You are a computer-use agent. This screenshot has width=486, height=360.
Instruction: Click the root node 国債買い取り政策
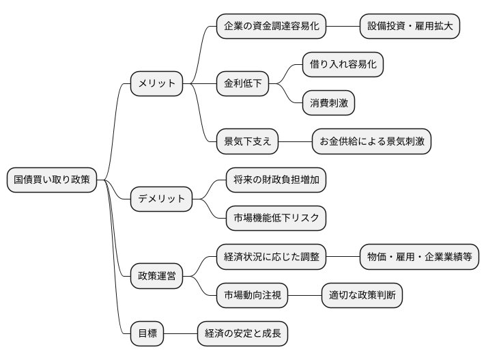(52, 180)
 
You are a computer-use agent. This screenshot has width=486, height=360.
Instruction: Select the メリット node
(157, 84)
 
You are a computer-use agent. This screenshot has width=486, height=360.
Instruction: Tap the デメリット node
(162, 199)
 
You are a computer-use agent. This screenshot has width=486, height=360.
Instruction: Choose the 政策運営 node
(157, 277)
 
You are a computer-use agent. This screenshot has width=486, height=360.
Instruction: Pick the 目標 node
(147, 334)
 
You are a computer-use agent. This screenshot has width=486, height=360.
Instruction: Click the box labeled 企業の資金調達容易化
(271, 27)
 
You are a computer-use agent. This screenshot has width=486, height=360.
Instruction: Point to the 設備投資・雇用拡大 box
(410, 27)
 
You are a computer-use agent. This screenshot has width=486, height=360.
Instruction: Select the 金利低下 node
(242, 84)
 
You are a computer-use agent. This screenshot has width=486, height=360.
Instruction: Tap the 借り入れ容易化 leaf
(343, 65)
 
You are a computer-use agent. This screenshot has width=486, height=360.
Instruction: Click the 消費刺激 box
(329, 103)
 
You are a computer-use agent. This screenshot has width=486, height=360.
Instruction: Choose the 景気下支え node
(247, 142)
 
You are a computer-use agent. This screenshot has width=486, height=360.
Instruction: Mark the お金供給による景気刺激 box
(371, 142)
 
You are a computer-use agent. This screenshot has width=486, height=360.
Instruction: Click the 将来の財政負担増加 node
(276, 180)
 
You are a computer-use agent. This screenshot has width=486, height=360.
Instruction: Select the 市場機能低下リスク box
(276, 219)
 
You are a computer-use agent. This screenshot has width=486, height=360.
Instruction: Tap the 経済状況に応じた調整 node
(271, 258)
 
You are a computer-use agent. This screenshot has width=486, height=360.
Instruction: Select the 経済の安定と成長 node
(242, 334)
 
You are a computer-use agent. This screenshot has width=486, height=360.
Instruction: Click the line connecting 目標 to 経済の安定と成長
(181, 334)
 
